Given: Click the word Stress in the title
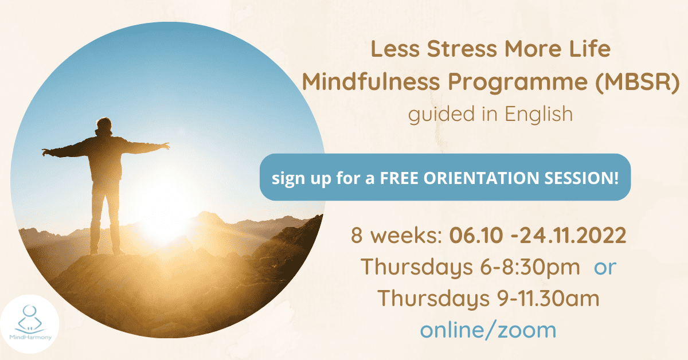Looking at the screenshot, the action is tap(462, 49).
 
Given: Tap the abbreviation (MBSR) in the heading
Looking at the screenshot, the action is tap(638, 82).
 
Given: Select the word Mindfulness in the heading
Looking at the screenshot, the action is tap(371, 82).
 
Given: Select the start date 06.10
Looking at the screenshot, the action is tap(476, 235).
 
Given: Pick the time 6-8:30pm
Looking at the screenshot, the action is tap(530, 267).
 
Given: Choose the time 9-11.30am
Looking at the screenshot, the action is tap(548, 299).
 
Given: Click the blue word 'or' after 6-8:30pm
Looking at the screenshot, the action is tap(605, 268).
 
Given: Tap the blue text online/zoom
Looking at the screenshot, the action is tap(488, 330).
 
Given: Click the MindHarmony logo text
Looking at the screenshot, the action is tap(30, 337).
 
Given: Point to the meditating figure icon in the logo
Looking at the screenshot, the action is tap(29, 319).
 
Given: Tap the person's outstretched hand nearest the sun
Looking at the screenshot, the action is tap(165, 146).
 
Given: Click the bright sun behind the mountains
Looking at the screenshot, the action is tap(163, 215).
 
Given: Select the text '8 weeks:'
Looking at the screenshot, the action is tap(396, 235).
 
